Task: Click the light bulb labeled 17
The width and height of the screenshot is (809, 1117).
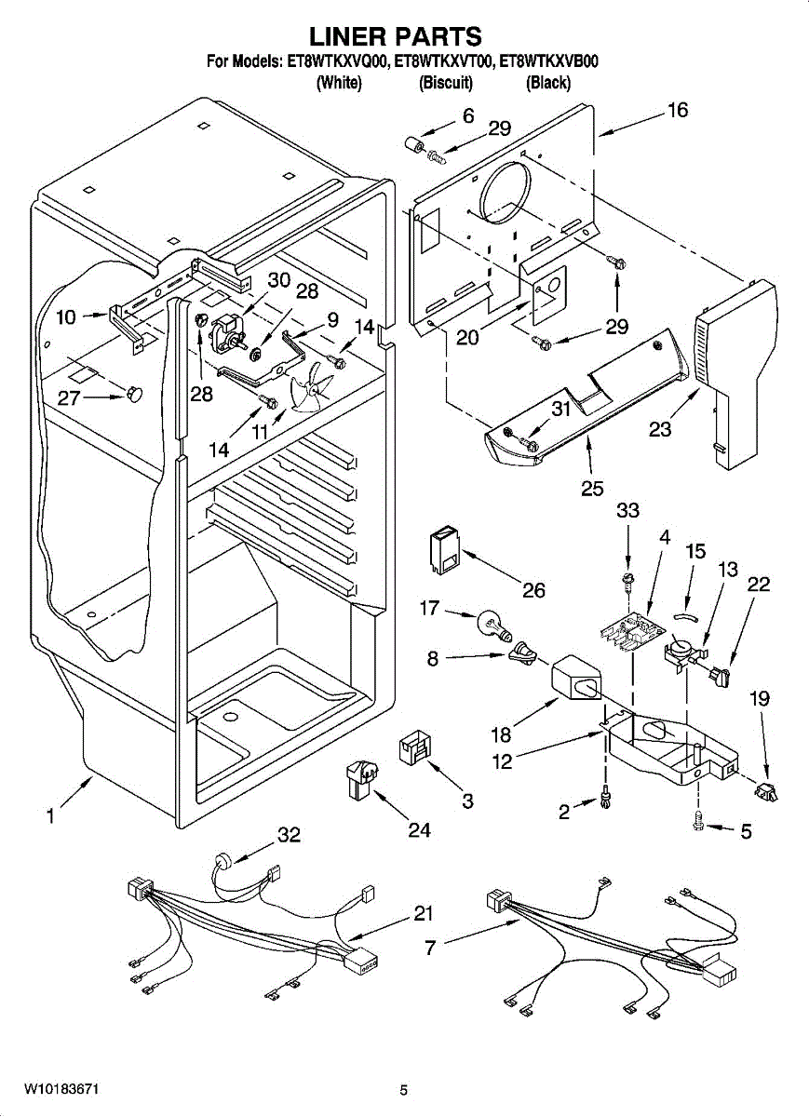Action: tap(493, 622)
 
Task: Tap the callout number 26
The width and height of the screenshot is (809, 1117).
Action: tap(533, 590)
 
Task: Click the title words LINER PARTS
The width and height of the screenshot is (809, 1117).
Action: tap(396, 36)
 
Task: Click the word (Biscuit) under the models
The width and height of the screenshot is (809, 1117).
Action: tap(446, 84)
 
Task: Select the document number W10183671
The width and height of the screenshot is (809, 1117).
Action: tap(61, 1089)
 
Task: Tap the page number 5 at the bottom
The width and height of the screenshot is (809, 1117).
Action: tap(403, 1090)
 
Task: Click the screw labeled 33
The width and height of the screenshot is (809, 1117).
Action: tap(628, 583)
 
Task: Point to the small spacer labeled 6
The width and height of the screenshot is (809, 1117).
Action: tap(411, 147)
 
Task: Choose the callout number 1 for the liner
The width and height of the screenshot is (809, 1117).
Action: tap(50, 816)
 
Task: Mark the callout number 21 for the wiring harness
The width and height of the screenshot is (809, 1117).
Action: tap(424, 915)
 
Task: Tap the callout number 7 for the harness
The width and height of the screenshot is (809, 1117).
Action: tap(429, 948)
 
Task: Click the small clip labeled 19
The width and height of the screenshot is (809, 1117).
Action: tap(767, 792)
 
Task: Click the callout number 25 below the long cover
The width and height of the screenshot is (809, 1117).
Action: tap(591, 488)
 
